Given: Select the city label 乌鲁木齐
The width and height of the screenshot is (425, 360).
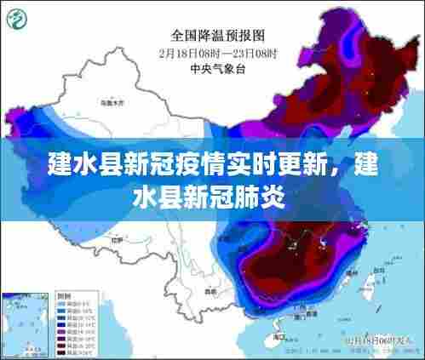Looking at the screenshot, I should tap(110, 101).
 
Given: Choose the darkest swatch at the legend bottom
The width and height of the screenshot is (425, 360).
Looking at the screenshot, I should tap(65, 352).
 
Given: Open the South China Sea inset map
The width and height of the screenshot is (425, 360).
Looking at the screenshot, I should tap(26, 324).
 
